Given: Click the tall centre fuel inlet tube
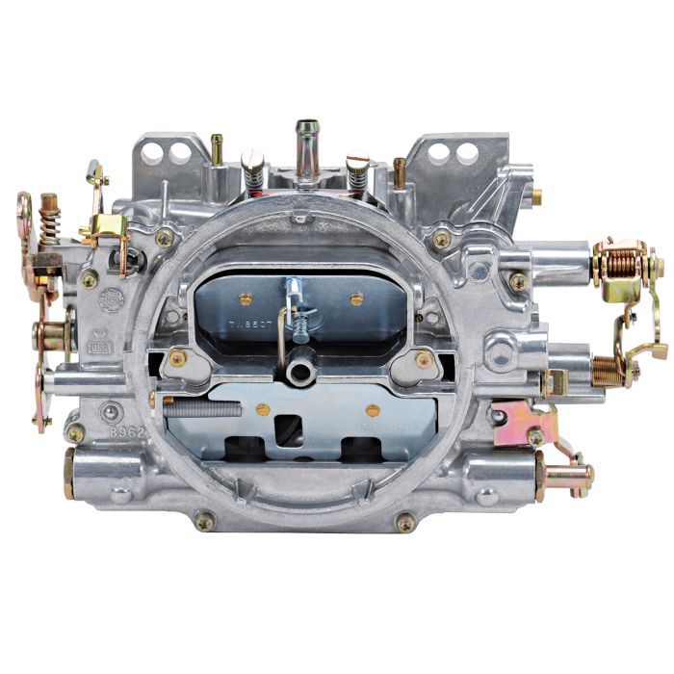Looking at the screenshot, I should tap(308, 149).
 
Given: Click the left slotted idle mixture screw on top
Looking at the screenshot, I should tap(252, 168).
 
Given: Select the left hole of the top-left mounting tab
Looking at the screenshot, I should tap(157, 150).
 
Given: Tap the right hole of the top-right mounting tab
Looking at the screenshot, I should tap(469, 152).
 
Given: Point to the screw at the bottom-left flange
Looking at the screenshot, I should tap(204, 522).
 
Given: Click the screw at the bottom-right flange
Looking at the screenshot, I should tap(405, 522).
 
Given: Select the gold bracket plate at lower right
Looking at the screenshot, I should tap(522, 421).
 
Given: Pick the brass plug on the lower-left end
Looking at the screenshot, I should tap(69, 474).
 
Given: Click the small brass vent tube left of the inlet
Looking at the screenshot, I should tap(217, 148).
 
